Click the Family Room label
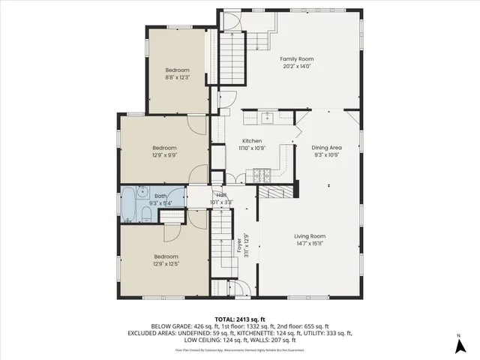(296, 58)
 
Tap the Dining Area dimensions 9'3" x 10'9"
(326, 155)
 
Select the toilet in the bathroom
(145, 216)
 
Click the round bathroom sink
(141, 190)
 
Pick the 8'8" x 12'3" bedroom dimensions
(177, 76)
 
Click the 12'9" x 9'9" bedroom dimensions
(165, 155)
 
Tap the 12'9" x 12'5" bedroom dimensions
(165, 262)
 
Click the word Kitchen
(251, 141)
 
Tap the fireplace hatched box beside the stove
(276, 193)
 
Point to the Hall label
(221, 195)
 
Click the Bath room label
(162, 196)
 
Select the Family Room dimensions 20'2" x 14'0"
(296, 66)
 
